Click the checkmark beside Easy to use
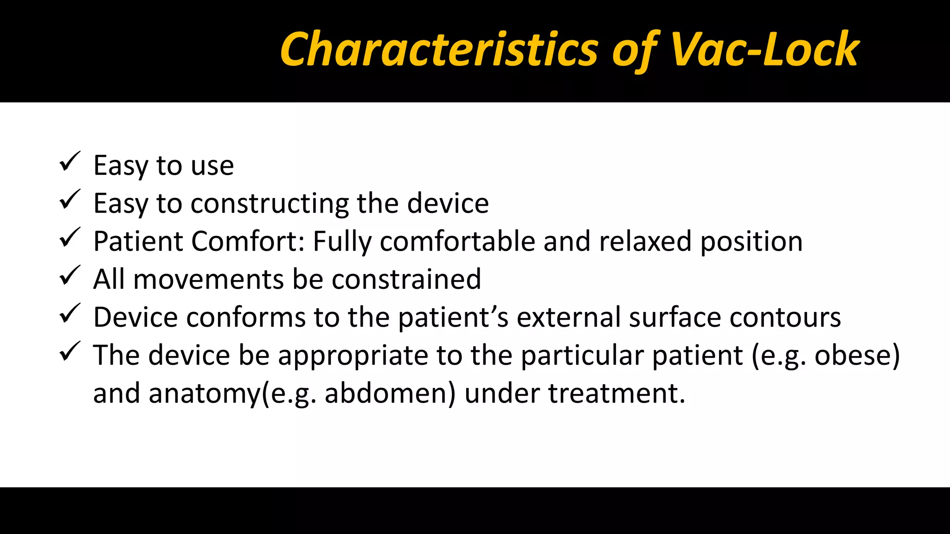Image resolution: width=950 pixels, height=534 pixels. (70, 162)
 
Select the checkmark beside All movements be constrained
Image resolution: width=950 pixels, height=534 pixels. (70, 276)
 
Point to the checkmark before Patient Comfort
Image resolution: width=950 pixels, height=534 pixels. (70, 238)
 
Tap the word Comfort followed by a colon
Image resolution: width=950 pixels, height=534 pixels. (248, 242)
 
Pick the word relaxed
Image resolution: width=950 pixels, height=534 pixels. (645, 242)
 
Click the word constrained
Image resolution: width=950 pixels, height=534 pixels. (406, 280)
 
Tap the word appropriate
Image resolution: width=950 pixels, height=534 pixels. (353, 356)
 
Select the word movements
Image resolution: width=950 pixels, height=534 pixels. (208, 280)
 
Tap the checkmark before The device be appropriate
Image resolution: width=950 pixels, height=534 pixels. (70, 352)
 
